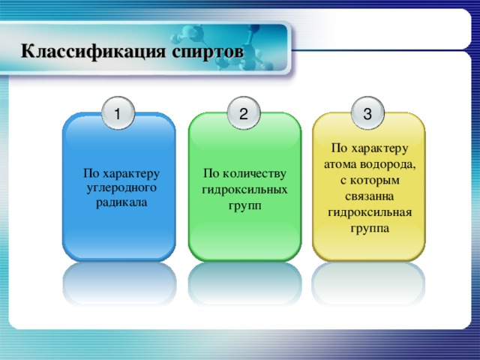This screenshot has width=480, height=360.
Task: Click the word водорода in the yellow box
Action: click(391, 163)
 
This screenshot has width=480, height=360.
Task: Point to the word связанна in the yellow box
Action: click(368, 196)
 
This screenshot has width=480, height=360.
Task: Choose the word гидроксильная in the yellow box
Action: click(368, 212)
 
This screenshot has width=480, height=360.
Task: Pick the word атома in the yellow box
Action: click(341, 163)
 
